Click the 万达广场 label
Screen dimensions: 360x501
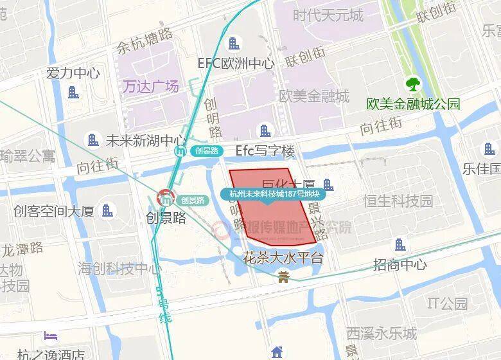(x=151, y=86)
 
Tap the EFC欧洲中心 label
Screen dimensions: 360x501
(x=236, y=64)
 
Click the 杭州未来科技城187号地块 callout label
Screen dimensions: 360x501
(x=269, y=194)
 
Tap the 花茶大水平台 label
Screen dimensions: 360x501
(x=283, y=258)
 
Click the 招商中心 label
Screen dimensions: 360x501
(x=400, y=264)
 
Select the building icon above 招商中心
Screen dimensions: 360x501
(x=400, y=244)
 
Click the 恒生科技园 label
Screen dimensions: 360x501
(x=398, y=201)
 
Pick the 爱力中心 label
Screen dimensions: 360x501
(x=73, y=73)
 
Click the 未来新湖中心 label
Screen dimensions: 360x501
(x=145, y=139)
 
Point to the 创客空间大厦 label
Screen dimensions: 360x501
(x=54, y=210)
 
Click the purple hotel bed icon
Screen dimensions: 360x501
(x=50, y=336)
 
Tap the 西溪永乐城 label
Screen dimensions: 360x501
(x=382, y=334)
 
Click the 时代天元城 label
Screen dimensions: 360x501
(x=328, y=14)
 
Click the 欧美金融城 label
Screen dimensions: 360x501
(x=314, y=96)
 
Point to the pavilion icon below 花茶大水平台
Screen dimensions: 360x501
(x=283, y=277)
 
